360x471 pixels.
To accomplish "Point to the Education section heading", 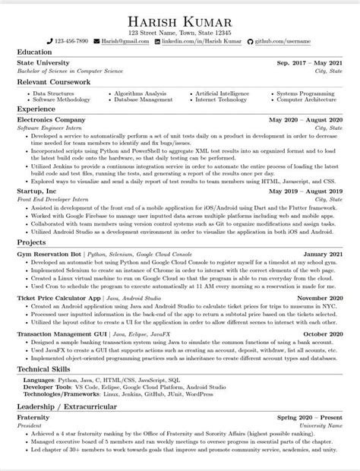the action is click(x=34, y=52).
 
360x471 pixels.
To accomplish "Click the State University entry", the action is click(x=43, y=62).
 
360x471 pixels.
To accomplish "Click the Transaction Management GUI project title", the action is click(x=62, y=333).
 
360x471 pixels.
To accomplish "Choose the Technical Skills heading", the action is click(x=47, y=369).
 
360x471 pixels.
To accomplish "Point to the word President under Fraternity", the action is click(x=31, y=425).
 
